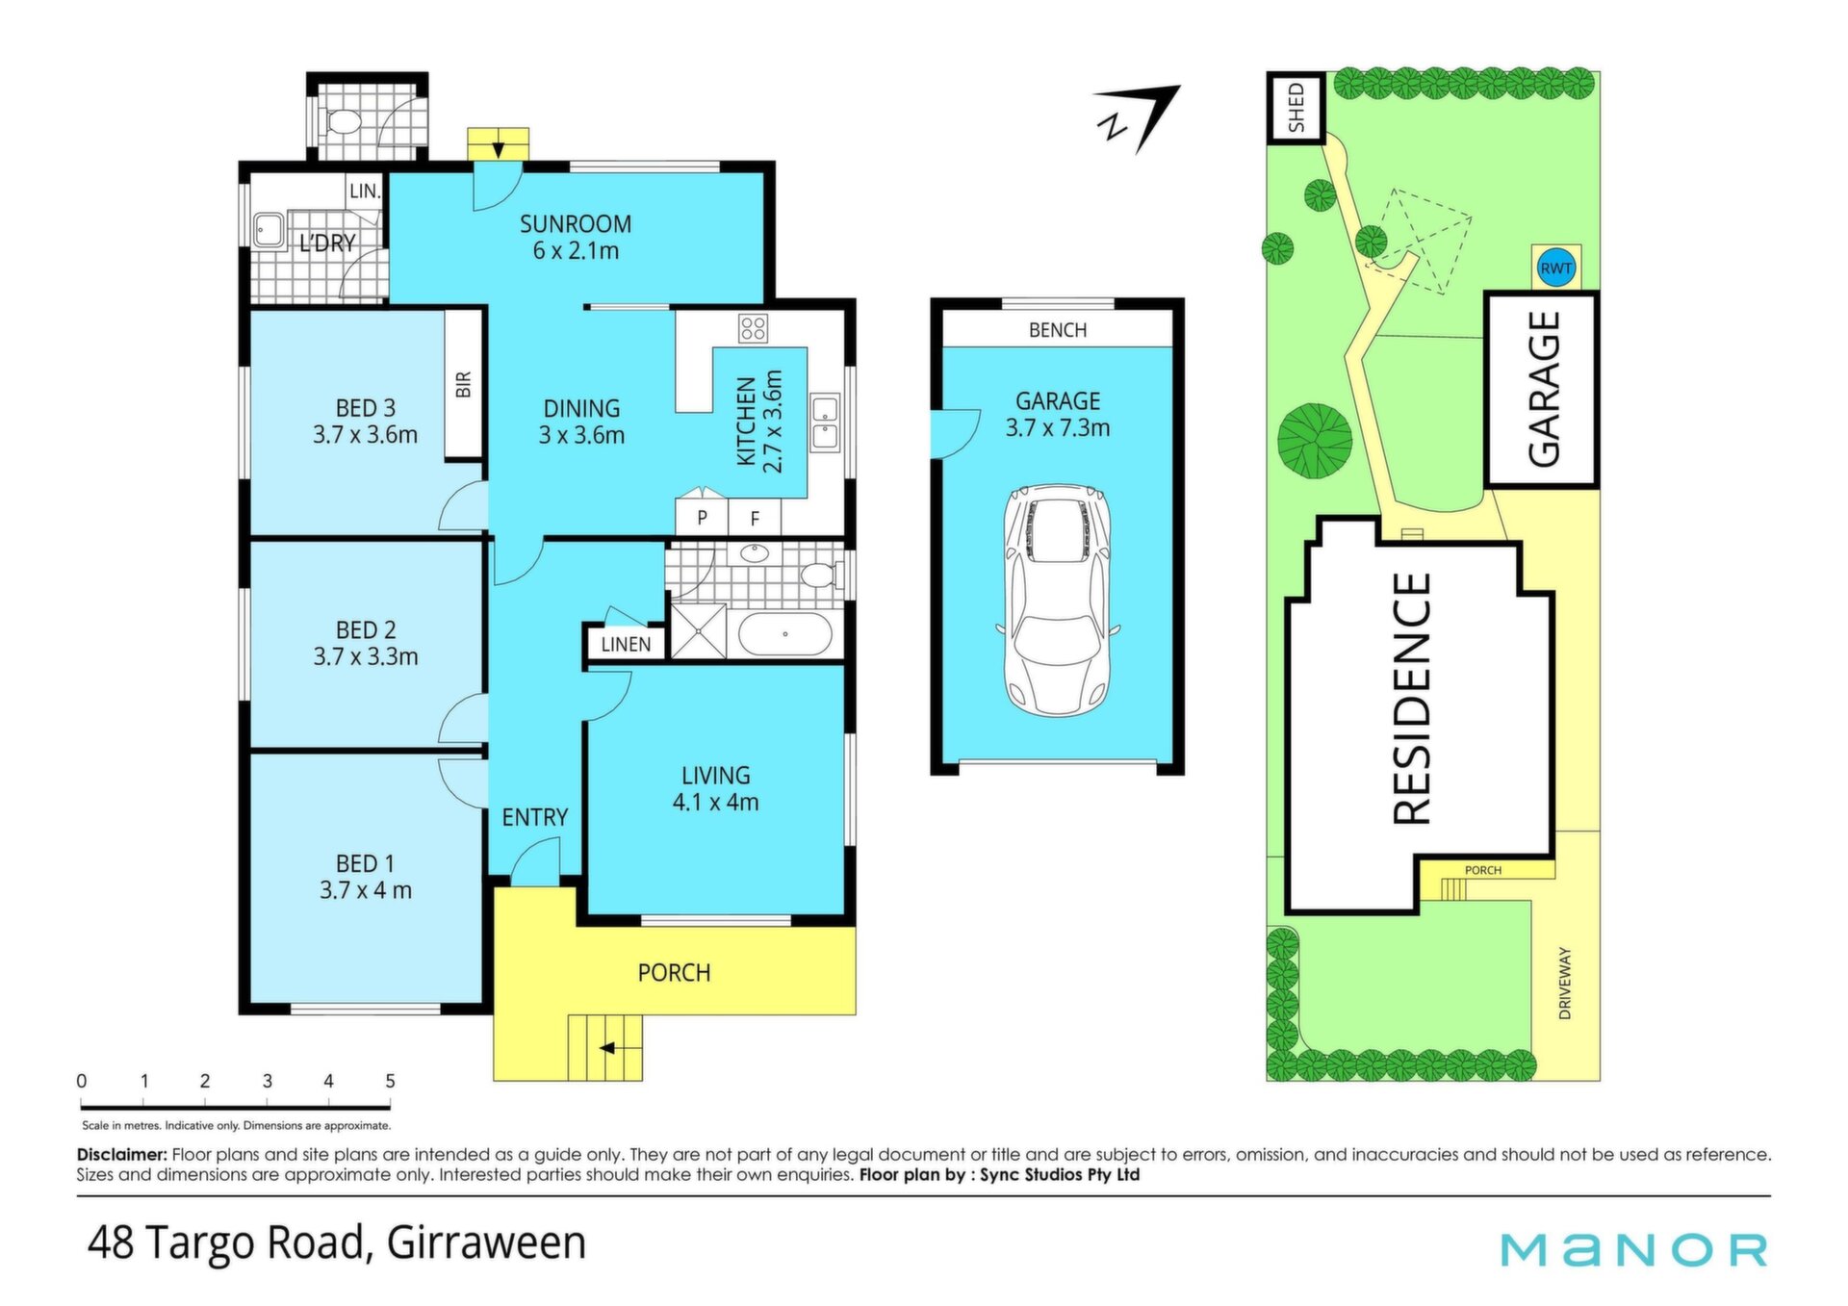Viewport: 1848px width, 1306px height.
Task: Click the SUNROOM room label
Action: tap(576, 224)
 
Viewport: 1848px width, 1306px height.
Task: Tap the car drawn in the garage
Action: tap(1057, 599)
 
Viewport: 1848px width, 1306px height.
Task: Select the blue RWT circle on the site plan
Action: tap(1556, 269)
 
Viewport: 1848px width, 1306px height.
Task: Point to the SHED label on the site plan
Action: tap(1296, 108)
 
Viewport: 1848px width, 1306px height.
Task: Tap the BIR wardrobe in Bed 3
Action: tap(463, 384)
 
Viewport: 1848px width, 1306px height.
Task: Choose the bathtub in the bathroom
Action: tap(784, 635)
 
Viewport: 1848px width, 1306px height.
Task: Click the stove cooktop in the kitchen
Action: tap(753, 328)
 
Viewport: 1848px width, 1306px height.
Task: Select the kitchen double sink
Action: tap(825, 423)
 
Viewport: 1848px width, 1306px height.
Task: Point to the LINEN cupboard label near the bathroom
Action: tap(626, 645)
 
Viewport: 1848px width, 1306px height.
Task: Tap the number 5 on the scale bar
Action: tap(390, 1081)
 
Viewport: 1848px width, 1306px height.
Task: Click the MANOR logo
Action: tap(1634, 1250)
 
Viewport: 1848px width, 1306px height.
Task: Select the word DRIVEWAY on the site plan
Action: tap(1564, 983)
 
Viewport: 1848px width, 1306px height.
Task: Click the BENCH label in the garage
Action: tap(1058, 330)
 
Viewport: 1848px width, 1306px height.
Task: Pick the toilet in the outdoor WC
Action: tap(342, 122)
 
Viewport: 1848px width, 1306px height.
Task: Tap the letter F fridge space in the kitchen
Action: tap(755, 519)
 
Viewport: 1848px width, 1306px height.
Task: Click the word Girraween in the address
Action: tap(486, 1242)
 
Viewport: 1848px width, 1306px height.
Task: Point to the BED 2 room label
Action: tap(366, 630)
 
